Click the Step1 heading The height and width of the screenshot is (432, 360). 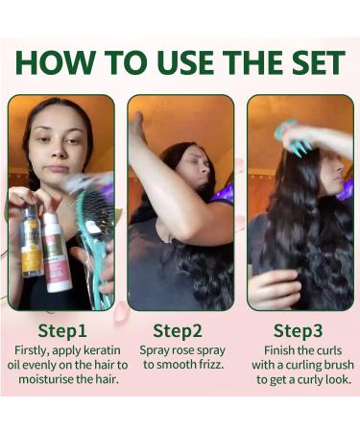pyautogui.click(x=62, y=331)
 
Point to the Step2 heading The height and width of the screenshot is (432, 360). pyautogui.click(x=178, y=331)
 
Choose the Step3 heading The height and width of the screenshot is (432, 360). pyautogui.click(x=298, y=331)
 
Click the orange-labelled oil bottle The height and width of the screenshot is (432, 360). pyautogui.click(x=31, y=242)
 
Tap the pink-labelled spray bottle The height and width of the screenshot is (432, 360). pyautogui.click(x=57, y=252)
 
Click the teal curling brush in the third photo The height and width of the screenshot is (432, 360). pyautogui.click(x=293, y=137)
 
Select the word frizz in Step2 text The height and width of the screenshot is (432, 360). pyautogui.click(x=210, y=365)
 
